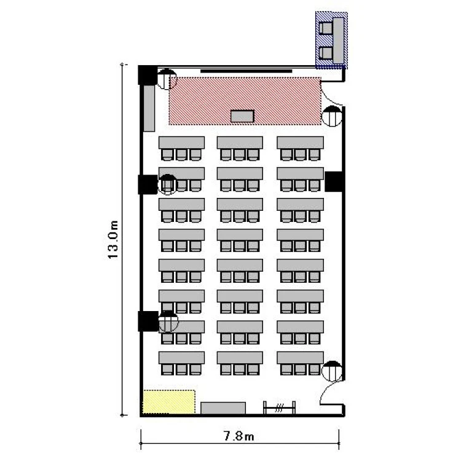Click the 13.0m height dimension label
click(113, 240)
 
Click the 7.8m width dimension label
click(239, 436)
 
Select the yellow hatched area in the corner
click(169, 401)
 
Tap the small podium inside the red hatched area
click(242, 116)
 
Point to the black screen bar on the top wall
click(246, 71)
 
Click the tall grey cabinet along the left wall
click(149, 108)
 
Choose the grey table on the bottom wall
click(223, 408)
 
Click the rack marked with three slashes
click(279, 408)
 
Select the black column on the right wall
click(334, 182)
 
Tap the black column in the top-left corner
click(148, 75)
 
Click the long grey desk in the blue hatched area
click(339, 40)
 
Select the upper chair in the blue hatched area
click(326, 28)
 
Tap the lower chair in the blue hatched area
click(326, 53)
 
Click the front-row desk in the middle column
click(240, 143)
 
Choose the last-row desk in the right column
click(300, 358)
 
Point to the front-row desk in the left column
click(182, 143)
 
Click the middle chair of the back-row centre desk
click(239, 369)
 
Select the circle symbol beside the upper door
click(332, 116)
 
